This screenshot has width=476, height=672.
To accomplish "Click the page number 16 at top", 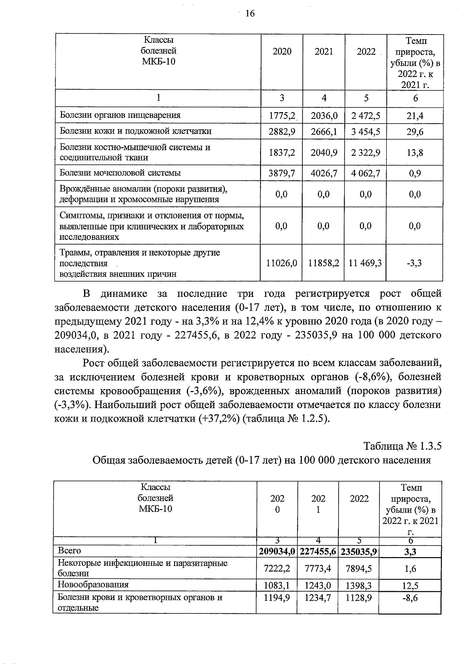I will click(x=250, y=14).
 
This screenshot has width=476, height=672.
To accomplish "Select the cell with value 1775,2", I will click(x=282, y=116).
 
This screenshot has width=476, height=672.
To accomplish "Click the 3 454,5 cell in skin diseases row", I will click(x=366, y=132).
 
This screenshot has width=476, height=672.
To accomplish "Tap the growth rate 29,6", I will click(x=415, y=132).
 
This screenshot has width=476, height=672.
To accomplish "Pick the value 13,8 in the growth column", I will click(x=415, y=153).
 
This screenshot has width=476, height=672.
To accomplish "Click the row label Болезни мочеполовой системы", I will click(x=120, y=173).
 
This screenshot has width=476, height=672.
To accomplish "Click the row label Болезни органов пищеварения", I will click(x=120, y=115).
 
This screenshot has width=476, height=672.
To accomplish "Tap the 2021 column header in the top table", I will click(x=324, y=52).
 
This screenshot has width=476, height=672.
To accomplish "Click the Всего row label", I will click(x=69, y=551).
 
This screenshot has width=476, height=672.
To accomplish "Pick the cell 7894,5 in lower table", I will click(x=359, y=569).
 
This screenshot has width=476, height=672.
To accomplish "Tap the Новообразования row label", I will click(x=93, y=584).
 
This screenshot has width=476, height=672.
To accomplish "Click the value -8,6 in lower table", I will click(x=410, y=598).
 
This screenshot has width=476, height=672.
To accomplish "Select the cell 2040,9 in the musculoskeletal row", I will click(x=324, y=153).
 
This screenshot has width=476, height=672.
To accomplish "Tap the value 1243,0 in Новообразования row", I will click(x=318, y=586).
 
